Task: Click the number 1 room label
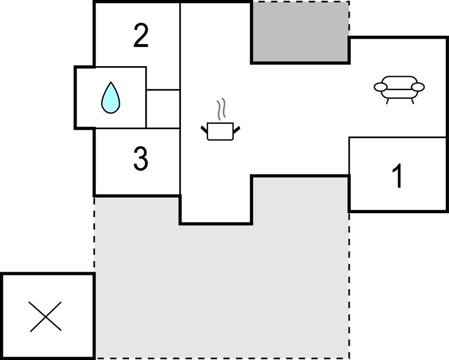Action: tap(397, 176)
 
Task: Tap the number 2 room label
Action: tap(141, 36)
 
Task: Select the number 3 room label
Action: tap(141, 160)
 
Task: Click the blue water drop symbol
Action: tap(111, 99)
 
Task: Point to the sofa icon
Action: tap(399, 89)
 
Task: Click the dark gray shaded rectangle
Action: tap(300, 31)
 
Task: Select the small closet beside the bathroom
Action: tap(163, 109)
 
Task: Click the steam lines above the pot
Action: tap(222, 109)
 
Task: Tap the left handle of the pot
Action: tap(204, 130)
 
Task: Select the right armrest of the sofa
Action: tap(418, 87)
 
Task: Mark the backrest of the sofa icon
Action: tap(399, 80)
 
